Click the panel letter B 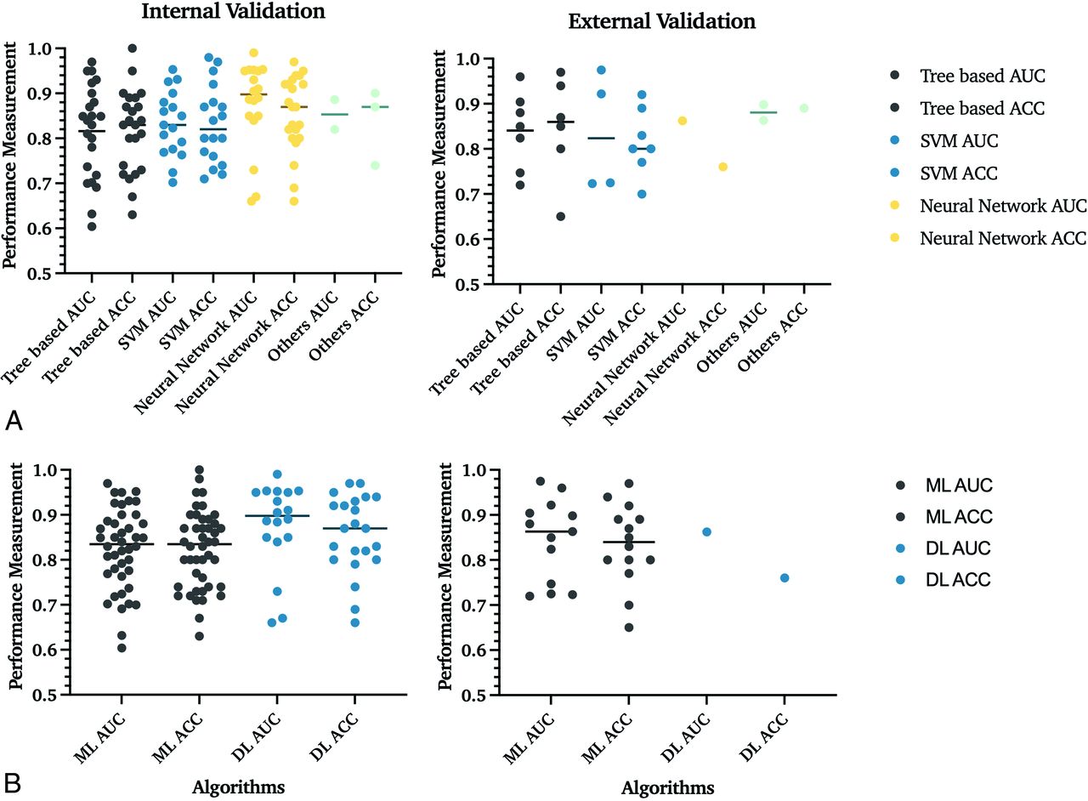(13, 781)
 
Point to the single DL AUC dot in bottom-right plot (705, 532)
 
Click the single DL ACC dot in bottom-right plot (784, 578)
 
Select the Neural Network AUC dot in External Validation (682, 121)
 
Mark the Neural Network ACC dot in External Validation (722, 167)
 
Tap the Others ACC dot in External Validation (803, 108)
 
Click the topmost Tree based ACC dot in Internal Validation (132, 48)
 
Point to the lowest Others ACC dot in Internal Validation (375, 165)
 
